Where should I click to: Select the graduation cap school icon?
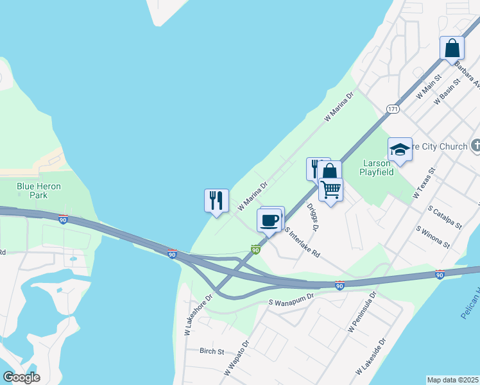point(400,150)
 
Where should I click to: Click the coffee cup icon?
point(270,221)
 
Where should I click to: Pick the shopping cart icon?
point(330,190)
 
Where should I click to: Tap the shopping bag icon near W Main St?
point(452,48)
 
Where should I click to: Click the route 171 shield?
point(393,109)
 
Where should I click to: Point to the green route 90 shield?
point(255,250)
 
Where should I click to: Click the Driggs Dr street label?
point(313,218)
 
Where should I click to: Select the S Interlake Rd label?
point(303,243)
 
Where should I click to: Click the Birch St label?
point(211,352)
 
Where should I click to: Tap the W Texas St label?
point(425,182)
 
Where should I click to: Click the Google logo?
point(21,377)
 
